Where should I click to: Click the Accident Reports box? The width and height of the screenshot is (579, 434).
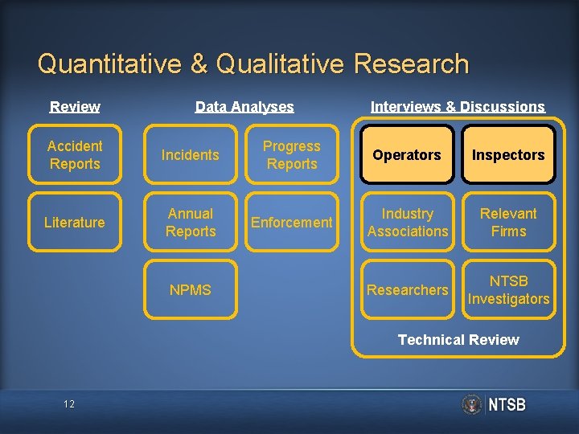click(75, 155)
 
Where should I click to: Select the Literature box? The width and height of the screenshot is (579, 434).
click(75, 223)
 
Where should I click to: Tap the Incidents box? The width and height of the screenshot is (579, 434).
click(191, 155)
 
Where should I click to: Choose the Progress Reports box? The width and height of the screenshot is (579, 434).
click(292, 155)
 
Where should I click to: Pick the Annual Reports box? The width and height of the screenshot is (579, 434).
click(191, 223)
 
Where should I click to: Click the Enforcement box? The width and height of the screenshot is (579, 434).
click(292, 223)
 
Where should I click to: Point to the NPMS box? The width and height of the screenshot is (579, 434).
click(191, 290)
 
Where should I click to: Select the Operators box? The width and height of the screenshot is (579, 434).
click(407, 155)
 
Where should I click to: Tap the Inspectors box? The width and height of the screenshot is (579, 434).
click(508, 155)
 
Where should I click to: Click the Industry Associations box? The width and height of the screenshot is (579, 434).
click(407, 223)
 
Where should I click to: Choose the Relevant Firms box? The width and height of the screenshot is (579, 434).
click(508, 223)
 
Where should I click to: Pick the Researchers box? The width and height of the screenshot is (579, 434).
click(407, 290)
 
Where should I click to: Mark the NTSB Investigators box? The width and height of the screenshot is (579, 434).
click(508, 290)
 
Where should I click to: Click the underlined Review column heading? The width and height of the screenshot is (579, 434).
click(75, 107)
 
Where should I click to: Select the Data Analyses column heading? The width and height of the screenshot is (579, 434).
click(244, 107)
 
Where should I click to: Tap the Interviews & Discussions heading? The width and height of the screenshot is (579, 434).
click(458, 107)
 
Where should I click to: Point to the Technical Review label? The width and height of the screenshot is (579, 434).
click(458, 340)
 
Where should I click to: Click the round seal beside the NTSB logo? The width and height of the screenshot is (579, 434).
click(472, 404)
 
